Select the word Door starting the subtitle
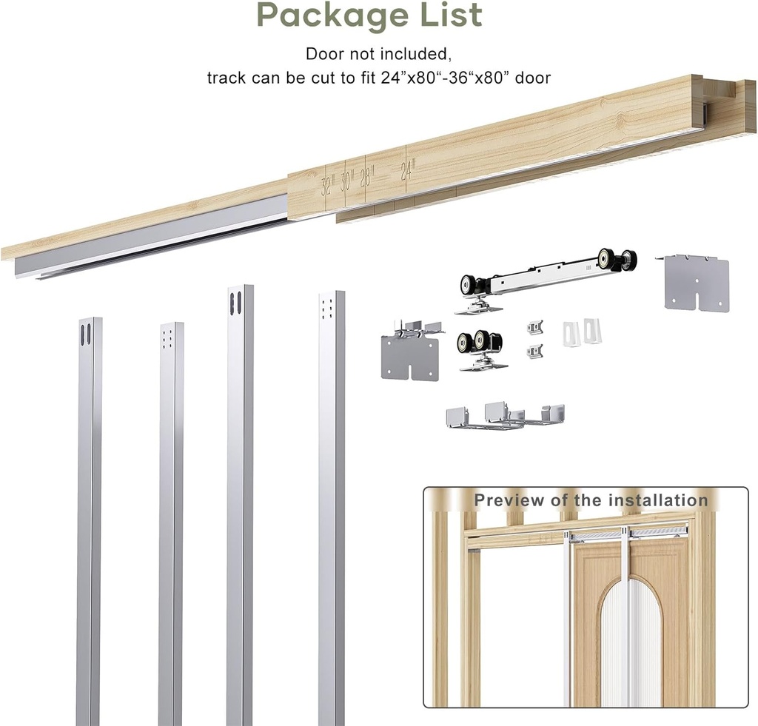[x=323, y=54]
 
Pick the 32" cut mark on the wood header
[x=328, y=184]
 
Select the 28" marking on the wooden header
[x=366, y=177]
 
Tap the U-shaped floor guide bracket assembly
[x=505, y=416]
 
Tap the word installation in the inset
[x=658, y=500]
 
